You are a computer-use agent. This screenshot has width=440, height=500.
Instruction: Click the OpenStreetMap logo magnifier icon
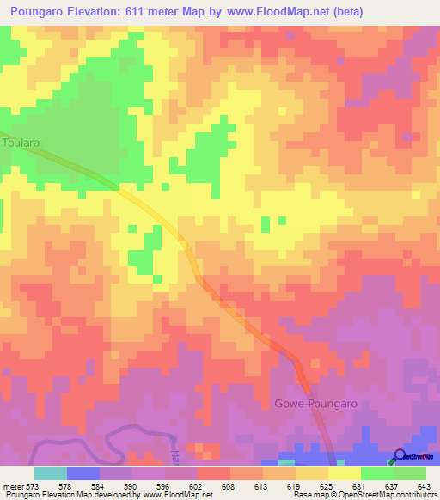(x=400, y=455)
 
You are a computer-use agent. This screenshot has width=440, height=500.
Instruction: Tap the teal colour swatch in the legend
(x=51, y=473)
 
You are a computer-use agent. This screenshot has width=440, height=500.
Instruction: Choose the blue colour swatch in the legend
(x=83, y=473)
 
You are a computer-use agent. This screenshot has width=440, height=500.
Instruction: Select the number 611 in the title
(x=150, y=12)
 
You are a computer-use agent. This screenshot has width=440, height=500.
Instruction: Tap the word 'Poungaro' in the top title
(x=39, y=12)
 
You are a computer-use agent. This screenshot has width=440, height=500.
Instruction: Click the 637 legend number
(x=393, y=485)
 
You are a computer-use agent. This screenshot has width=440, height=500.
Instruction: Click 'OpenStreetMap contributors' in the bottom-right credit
(x=387, y=495)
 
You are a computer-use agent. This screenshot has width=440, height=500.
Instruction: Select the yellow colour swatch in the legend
(x=345, y=473)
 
